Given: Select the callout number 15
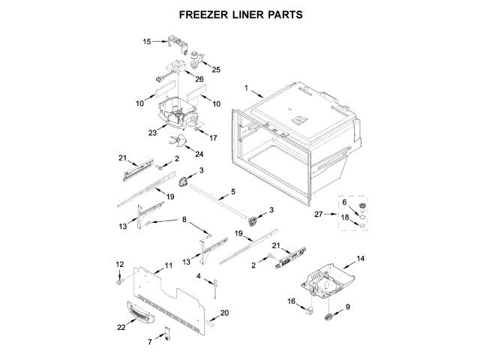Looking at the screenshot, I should (x=148, y=42).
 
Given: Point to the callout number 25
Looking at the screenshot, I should (x=217, y=70).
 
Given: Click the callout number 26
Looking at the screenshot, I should (x=199, y=79).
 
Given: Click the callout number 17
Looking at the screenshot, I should (x=213, y=138).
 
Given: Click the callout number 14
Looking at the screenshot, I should (x=361, y=259).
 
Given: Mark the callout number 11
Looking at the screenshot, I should (x=169, y=265).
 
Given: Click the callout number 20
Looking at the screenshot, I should (x=223, y=312).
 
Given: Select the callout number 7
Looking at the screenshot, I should (x=150, y=341).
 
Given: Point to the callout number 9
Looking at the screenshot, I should (x=347, y=307).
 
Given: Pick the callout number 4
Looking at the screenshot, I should (x=199, y=277).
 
